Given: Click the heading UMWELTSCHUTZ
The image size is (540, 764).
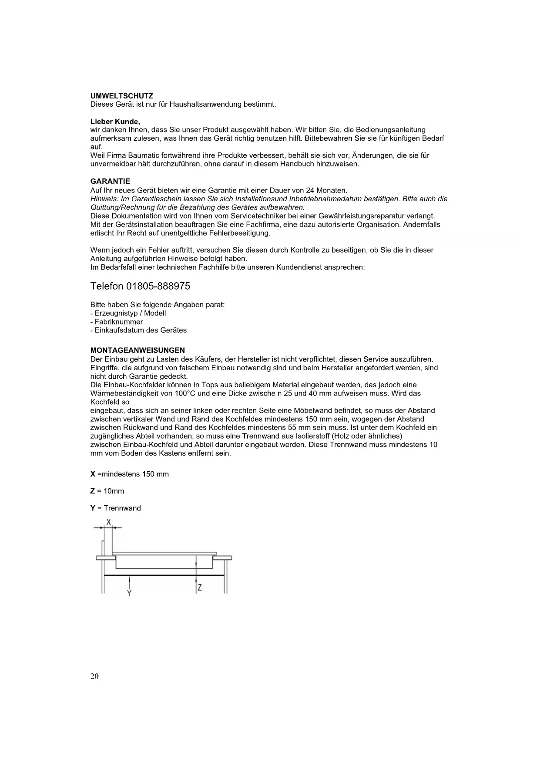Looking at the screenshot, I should pyautogui.click(x=121, y=96).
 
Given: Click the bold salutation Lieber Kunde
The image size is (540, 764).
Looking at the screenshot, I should pyautogui.click(x=115, y=122).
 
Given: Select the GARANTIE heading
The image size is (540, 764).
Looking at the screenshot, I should pyautogui.click(x=110, y=181).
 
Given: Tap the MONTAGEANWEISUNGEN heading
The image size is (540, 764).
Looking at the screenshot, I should pyautogui.click(x=138, y=350).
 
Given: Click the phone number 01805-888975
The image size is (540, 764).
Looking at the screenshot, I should pyautogui.click(x=158, y=286).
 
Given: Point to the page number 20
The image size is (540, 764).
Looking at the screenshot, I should pyautogui.click(x=94, y=676).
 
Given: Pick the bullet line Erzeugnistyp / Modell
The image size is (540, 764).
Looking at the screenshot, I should pyautogui.click(x=128, y=313).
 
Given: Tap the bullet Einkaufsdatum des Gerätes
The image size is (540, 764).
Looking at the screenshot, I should pyautogui.click(x=138, y=330).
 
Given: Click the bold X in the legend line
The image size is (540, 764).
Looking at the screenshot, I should pyautogui.click(x=93, y=474).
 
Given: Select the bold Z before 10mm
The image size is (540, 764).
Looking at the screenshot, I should pyautogui.click(x=93, y=491).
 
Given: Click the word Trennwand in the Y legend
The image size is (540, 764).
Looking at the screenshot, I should pyautogui.click(x=122, y=508).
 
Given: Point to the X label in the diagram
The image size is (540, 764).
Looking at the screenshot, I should pyautogui.click(x=109, y=521).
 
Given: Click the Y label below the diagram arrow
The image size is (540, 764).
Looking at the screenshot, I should pyautogui.click(x=129, y=593).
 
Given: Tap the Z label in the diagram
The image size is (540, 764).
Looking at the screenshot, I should pyautogui.click(x=200, y=588).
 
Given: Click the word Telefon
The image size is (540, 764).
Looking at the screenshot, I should pyautogui.click(x=107, y=286).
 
